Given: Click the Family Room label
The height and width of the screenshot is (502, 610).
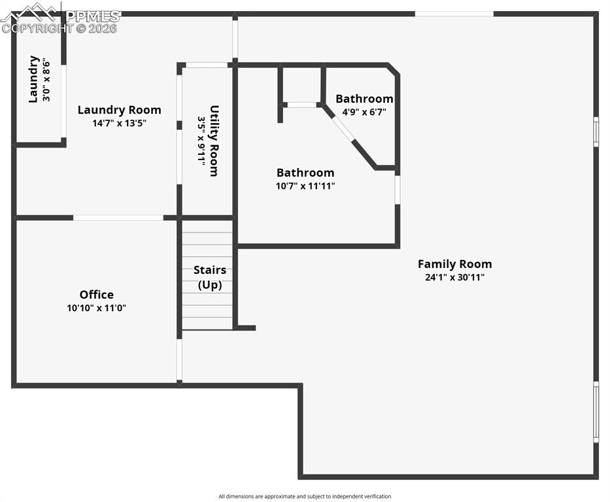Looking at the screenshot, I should coord(454,264).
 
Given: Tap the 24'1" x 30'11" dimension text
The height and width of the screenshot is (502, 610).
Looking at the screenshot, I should coord(454,277).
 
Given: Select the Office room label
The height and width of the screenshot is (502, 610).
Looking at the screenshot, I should coord(97,295).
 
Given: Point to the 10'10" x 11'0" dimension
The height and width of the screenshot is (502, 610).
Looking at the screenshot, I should coord(97,308).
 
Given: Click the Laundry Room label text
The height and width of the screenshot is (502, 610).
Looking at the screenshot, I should coord(119,110).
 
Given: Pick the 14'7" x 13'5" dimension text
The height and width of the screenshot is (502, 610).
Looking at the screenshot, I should coord(119,123).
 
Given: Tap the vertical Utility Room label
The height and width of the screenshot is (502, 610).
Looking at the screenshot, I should coord(214,141).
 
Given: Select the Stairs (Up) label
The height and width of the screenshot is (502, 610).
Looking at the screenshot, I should coord(210,277).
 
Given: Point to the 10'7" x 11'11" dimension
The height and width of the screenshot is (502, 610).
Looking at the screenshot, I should coord(305,186).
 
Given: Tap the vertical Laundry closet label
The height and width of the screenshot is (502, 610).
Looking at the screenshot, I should coord(33,79).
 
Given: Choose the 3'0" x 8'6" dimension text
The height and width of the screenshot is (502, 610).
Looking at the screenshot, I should coord(46,80).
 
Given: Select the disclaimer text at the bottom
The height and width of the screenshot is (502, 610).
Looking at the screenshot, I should coord(305,497).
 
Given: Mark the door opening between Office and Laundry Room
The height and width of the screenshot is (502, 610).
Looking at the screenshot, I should coord(118,218).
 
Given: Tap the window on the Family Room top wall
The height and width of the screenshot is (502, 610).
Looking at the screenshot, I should coord(454,14).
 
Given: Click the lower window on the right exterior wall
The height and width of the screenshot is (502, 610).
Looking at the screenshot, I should coord(596,412).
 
